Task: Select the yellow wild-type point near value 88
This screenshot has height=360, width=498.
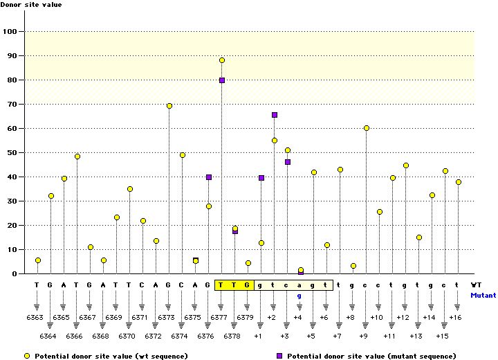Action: click(x=222, y=60)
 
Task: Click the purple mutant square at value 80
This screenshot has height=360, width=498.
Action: click(x=222, y=80)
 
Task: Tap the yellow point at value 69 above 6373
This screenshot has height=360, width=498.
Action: click(x=169, y=106)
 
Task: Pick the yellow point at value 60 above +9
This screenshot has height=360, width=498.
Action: click(x=366, y=128)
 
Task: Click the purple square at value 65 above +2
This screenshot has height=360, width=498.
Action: click(x=275, y=115)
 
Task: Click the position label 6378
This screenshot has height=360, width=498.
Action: click(x=232, y=336)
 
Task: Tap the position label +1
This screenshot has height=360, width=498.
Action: click(x=258, y=336)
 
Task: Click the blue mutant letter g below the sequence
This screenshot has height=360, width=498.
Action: click(x=300, y=296)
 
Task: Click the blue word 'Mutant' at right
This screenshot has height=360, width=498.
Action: click(x=483, y=296)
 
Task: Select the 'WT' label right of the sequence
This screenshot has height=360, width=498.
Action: click(x=476, y=285)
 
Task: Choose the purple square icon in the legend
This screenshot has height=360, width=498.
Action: click(x=280, y=355)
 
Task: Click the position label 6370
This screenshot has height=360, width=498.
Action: click(x=127, y=336)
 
